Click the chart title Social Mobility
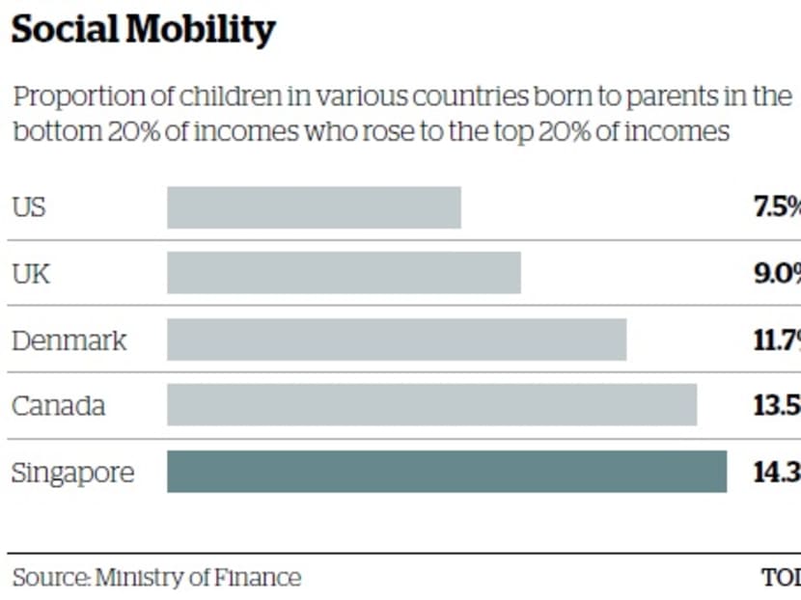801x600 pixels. coord(143,30)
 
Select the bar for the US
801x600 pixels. coord(314,207)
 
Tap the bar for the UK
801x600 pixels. coord(344,273)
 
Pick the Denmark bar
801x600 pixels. coord(397,340)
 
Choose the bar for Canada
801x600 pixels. coord(431,404)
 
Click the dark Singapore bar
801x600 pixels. coord(446,472)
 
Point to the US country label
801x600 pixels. coord(28,207)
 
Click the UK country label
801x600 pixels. coord(31,274)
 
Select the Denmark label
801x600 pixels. coord(69,341)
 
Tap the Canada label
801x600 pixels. coord(58,405)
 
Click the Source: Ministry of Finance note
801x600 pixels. coord(156,578)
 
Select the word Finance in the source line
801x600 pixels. coord(260,578)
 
